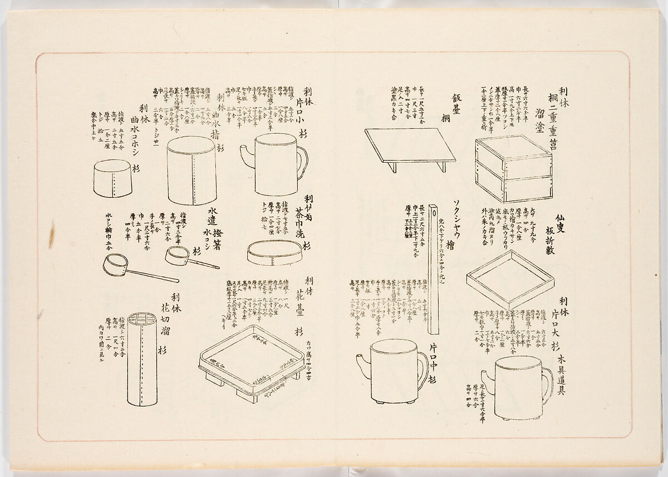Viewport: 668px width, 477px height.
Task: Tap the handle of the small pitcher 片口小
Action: [x=302, y=162]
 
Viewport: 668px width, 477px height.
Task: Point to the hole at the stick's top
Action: [x=433, y=213]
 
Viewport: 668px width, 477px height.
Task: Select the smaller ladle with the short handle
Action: [x=189, y=257]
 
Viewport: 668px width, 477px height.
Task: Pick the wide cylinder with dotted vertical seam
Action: [x=191, y=171]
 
